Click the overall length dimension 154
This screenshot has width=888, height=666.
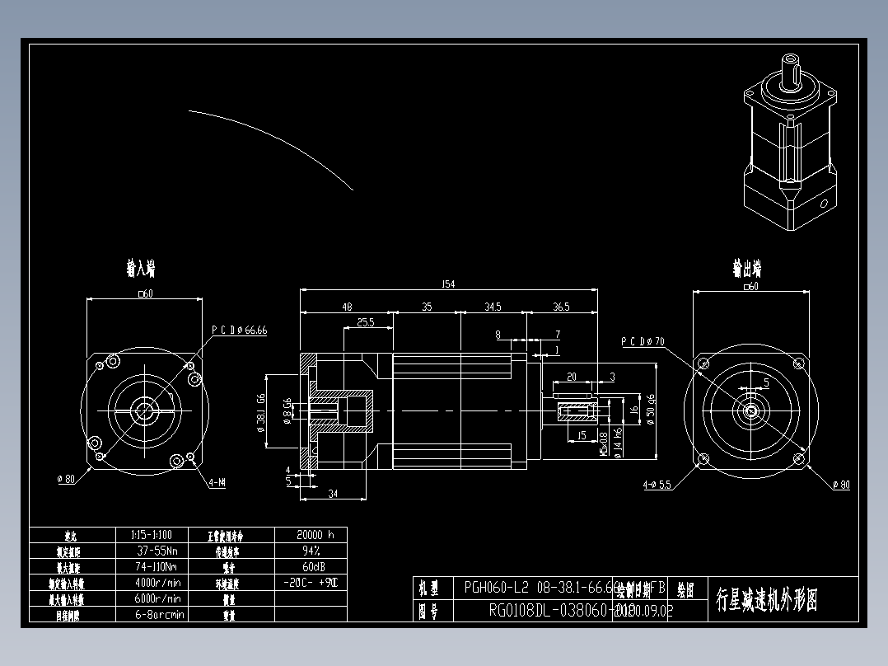click(x=448, y=284)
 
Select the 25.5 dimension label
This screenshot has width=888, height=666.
click(x=366, y=323)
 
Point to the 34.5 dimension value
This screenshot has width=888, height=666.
click(x=492, y=307)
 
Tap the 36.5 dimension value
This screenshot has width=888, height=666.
click(x=560, y=307)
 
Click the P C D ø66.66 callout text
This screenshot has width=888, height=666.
click(x=240, y=330)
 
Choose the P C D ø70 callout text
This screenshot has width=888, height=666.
click(x=643, y=341)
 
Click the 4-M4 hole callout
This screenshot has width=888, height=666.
click(x=217, y=483)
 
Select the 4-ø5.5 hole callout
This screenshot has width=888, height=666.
click(x=657, y=485)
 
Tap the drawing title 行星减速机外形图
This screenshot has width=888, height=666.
click(x=767, y=599)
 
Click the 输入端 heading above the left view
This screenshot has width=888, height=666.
click(x=141, y=269)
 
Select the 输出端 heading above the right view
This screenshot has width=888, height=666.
click(x=747, y=269)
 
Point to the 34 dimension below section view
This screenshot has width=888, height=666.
click(x=333, y=494)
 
